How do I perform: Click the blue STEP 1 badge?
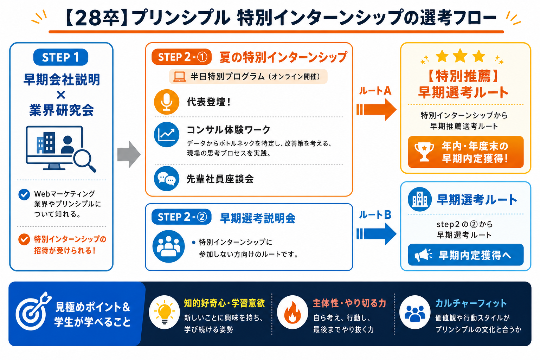pyautogui.click(x=61, y=57)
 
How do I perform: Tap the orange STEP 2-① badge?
pyautogui.click(x=181, y=57)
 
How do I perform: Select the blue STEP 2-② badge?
pyautogui.click(x=181, y=217)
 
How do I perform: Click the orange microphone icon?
pyautogui.click(x=167, y=102)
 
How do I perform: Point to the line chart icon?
pyautogui.click(x=167, y=135)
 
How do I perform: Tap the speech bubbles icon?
pyautogui.click(x=167, y=179)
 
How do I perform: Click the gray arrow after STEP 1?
pyautogui.click(x=129, y=154)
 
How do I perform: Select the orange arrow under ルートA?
pyautogui.click(x=376, y=110)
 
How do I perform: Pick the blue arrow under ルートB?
pyautogui.click(x=376, y=234)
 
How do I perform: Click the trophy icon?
pyautogui.click(x=424, y=152)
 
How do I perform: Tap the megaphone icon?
pyautogui.click(x=423, y=255)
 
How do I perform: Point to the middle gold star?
pyautogui.click(x=460, y=56)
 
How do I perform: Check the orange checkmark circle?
pyautogui.click(x=24, y=239)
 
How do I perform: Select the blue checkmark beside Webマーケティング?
pyautogui.click(x=24, y=194)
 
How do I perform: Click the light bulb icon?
pyautogui.click(x=165, y=312)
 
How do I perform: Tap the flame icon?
pyautogui.click(x=292, y=312)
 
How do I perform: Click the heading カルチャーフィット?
pyautogui.click(x=471, y=303)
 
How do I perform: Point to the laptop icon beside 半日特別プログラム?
pyautogui.click(x=180, y=77)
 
